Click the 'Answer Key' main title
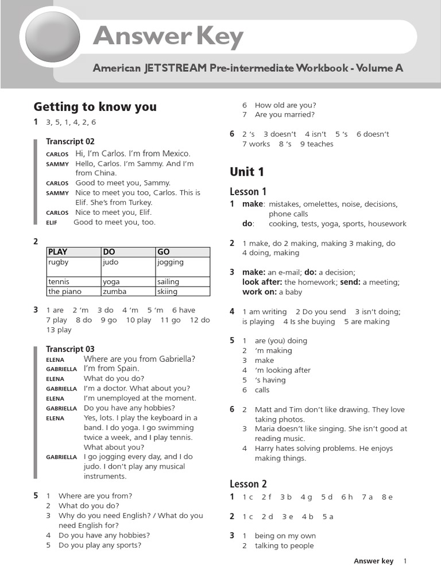[x=168, y=37]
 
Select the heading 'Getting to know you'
[x=95, y=107]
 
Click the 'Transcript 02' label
[x=70, y=141]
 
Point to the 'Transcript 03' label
[x=70, y=349]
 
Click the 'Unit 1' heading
[x=247, y=172]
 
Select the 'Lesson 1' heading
[x=248, y=191]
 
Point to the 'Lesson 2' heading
[x=248, y=484]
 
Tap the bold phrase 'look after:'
[x=262, y=282]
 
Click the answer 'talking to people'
[x=284, y=546]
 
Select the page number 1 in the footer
[x=405, y=561]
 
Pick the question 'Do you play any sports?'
[x=100, y=546]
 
